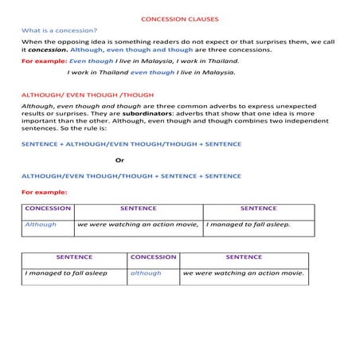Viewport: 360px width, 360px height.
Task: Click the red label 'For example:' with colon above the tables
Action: pyautogui.click(x=44, y=192)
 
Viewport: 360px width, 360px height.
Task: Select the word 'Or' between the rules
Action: pyautogui.click(x=120, y=159)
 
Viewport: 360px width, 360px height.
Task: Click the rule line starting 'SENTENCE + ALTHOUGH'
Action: pyautogui.click(x=131, y=144)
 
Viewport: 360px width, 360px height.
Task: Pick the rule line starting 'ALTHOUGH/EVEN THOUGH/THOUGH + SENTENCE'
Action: pyautogui.click(x=131, y=175)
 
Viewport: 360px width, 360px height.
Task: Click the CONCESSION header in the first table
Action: pyautogui.click(x=48, y=209)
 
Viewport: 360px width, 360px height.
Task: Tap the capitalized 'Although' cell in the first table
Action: pyautogui.click(x=41, y=225)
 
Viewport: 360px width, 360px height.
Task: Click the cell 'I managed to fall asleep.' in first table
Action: pyautogui.click(x=248, y=225)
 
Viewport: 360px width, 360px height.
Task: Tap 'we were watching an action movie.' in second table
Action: pyautogui.click(x=243, y=273)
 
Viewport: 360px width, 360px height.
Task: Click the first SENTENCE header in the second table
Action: pyautogui.click(x=74, y=257)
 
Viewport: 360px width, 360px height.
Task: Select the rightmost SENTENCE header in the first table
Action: pyautogui.click(x=258, y=209)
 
